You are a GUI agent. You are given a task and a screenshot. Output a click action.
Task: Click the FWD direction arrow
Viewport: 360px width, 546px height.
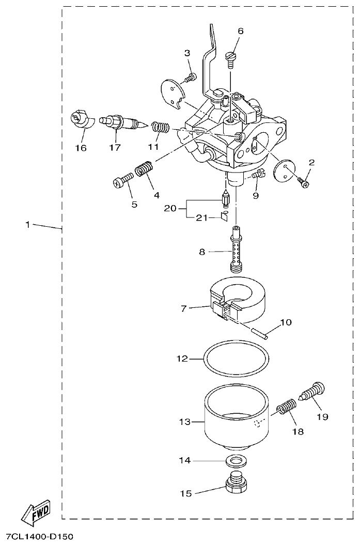[x=36, y=512]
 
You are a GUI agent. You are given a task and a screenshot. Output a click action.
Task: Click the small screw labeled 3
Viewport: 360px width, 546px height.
[x=192, y=77]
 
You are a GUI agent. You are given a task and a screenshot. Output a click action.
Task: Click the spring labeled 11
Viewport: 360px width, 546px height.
[x=160, y=127]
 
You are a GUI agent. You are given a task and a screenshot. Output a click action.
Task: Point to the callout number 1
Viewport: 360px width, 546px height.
[x=28, y=224]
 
